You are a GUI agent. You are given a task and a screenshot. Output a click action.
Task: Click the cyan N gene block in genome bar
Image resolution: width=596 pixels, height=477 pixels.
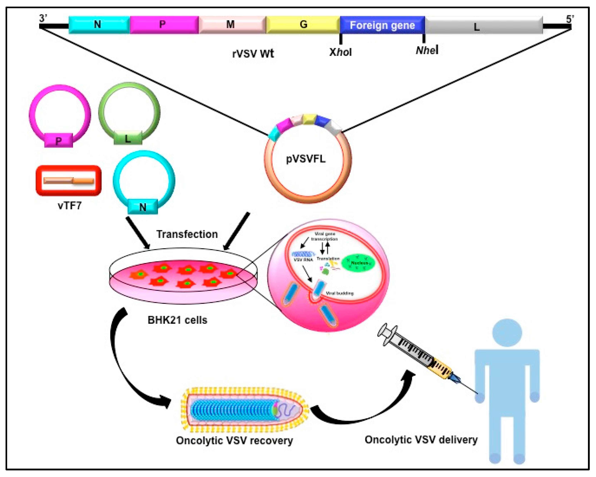(x=99, y=25)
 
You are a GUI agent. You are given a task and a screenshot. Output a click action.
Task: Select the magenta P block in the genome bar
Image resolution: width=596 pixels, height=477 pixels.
(x=164, y=25)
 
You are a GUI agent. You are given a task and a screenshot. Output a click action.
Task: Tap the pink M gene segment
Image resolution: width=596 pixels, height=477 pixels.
(x=232, y=25)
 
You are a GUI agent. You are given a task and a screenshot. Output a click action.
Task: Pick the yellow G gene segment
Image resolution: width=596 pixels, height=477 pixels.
(x=303, y=25)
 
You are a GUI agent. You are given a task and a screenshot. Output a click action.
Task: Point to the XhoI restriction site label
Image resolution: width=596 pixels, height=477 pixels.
(x=340, y=52)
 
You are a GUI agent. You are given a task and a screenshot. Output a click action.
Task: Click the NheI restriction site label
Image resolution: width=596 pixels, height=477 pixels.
(x=427, y=50)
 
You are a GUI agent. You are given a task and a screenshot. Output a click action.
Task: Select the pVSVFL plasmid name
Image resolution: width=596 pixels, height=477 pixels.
(x=306, y=159)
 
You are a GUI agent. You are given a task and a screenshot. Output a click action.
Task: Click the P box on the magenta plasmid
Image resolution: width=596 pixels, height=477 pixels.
(x=59, y=141)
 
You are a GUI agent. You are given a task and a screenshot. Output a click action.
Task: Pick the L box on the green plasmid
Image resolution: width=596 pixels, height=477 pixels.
(x=128, y=138)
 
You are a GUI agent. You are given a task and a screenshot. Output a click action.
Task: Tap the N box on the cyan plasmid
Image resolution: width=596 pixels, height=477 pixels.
(x=143, y=207)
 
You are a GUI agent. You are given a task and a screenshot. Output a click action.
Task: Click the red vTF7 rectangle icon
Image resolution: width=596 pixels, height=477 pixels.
(x=69, y=181)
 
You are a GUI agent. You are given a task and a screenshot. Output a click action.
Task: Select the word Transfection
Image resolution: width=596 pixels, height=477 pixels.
(x=187, y=234)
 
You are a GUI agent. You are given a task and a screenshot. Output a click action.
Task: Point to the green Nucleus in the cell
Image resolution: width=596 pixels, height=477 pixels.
(x=359, y=263)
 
